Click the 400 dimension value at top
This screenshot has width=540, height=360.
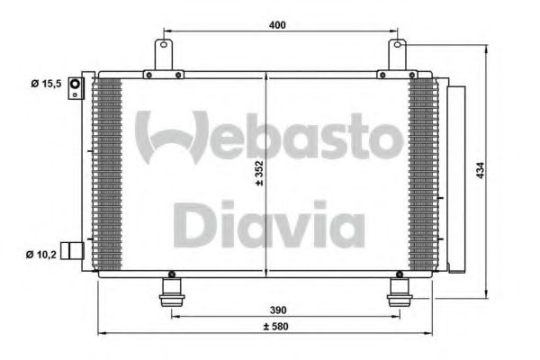pyautogui.click(x=276, y=25)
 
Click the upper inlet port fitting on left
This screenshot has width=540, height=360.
pyautogui.click(x=76, y=86)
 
